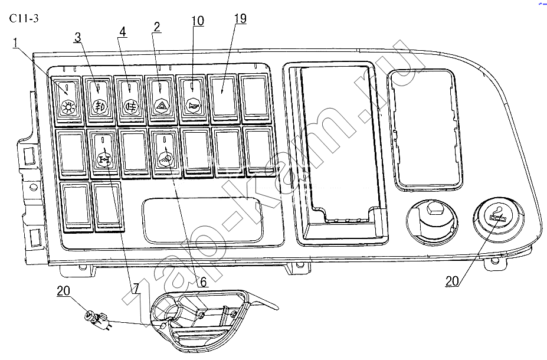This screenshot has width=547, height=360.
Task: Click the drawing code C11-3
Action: coord(24,18)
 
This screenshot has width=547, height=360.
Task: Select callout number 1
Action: coord(15,43)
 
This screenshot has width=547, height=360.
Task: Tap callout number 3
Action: coord(77,37)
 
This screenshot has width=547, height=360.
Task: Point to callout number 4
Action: coord(122,32)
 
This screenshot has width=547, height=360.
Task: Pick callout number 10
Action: coord(198,21)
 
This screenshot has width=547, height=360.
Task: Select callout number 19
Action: coord(240,18)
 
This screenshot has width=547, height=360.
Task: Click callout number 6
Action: coord(202,281)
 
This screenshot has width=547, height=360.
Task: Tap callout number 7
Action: coord(135,288)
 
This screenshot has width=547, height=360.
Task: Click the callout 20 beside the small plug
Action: coord(63,290)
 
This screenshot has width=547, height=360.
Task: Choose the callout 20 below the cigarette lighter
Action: coord(452,281)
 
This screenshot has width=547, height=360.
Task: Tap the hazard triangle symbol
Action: coord(161,106)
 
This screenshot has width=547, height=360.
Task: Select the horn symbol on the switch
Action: coord(192,104)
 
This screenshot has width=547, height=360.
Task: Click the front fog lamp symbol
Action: coord(99,106)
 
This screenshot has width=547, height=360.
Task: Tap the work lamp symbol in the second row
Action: coord(165,159)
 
